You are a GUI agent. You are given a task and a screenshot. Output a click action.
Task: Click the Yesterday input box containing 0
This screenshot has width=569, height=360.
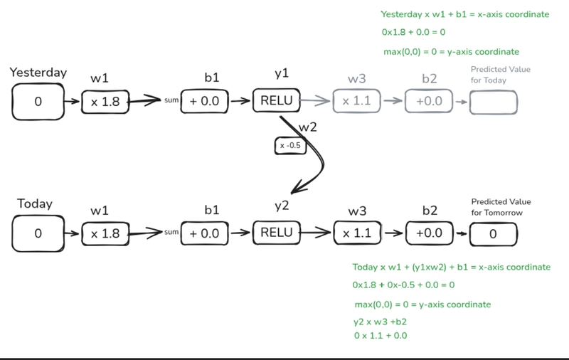pos(38,102)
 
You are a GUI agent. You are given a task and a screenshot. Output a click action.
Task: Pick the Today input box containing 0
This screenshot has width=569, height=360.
pos(38,233)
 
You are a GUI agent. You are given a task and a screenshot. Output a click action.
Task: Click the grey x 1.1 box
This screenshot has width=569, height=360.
pos(356,101)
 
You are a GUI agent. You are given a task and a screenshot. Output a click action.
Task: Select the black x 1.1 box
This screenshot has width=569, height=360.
pos(356,233)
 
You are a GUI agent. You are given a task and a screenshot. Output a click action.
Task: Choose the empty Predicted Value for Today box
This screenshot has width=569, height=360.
pos(494,102)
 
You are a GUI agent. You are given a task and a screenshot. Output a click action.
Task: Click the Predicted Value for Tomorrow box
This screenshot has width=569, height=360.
pos(494,233)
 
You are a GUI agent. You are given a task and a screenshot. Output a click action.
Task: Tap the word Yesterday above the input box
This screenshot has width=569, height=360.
pos(38,73)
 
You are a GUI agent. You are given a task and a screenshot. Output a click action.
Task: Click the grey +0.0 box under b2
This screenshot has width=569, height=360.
pos(429,101)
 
